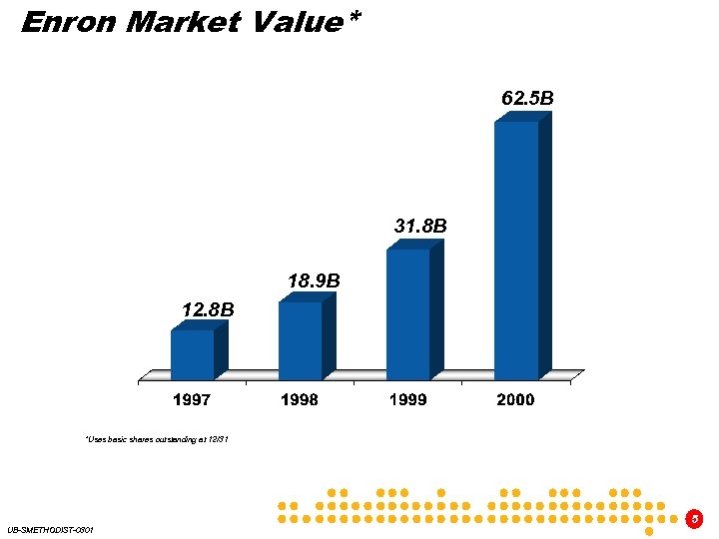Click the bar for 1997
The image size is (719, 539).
pos(192,354)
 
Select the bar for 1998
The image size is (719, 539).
pos(300,340)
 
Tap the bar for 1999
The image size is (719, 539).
pos(407,313)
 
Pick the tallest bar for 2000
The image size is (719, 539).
pos(516,250)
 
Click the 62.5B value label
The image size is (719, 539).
pos(527,99)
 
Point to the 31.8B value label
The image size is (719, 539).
pos(420,227)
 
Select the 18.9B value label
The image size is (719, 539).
pos(314,281)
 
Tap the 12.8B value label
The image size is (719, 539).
pos(208,310)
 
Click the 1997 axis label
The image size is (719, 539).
pos(192,399)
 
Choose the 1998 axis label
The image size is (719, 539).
pos(300,399)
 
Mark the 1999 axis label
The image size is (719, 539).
pos(407,399)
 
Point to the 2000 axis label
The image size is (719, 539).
pos(515,399)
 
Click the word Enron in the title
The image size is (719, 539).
pos(68,22)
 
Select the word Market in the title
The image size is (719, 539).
pos(182,22)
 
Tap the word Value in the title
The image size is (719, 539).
pos(292,22)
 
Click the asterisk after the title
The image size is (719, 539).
pos(354,18)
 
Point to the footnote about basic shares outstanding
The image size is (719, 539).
pos(158,439)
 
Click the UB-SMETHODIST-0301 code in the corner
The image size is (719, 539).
pos(50,529)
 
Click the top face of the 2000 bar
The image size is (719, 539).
pos(523,116)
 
